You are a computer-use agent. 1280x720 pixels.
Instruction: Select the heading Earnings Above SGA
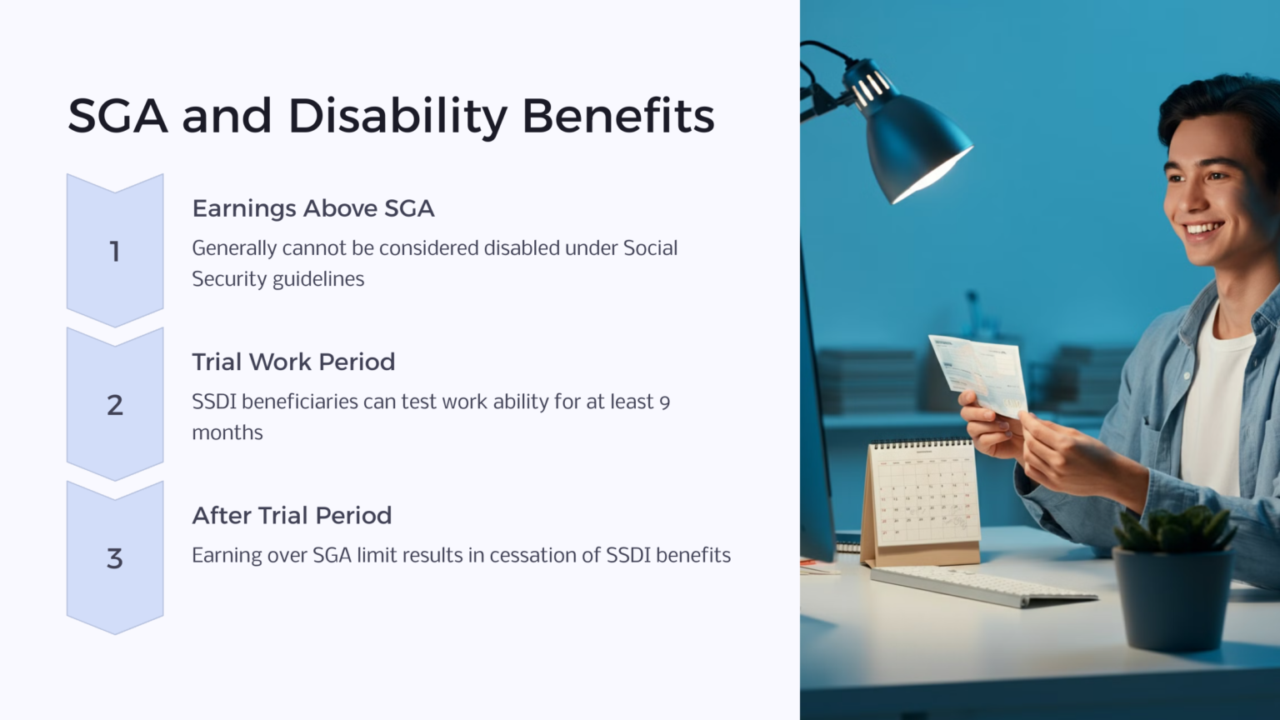pos(313,208)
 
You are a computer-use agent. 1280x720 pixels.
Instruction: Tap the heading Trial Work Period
pos(293,362)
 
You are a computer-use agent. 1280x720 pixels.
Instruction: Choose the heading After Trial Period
pos(292,515)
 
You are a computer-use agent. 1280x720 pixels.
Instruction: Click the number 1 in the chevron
pos(115,252)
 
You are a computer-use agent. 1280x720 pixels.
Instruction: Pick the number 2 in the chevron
pos(115,405)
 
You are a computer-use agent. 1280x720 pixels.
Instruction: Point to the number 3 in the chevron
pos(115,558)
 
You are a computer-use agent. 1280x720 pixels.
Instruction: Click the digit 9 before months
pos(664,402)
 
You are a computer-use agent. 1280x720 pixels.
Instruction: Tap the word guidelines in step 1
pos(319,279)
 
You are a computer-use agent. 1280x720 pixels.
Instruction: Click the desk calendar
pos(922,500)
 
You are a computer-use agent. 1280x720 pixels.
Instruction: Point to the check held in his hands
pos(977,373)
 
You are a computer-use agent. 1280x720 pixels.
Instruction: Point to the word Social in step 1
pos(650,248)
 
